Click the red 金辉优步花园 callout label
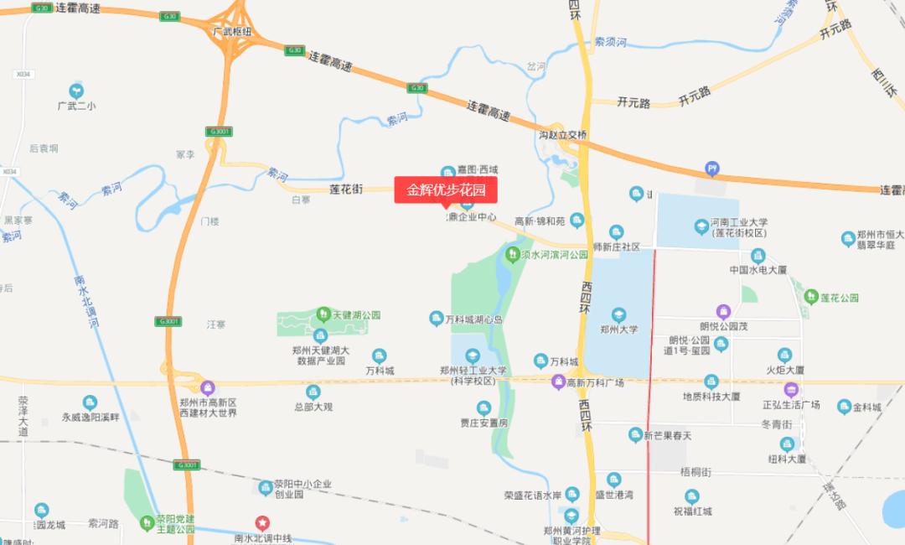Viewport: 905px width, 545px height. (x=446, y=189)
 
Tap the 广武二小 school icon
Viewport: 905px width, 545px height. (x=76, y=90)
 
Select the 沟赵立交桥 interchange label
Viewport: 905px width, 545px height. (x=563, y=135)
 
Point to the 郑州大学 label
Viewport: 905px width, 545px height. (x=619, y=330)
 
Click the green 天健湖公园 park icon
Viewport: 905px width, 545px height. (x=323, y=314)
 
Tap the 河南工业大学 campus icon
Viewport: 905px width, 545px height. (x=701, y=225)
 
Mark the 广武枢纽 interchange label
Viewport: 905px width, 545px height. (x=233, y=32)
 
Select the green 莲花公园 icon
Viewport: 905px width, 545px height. (x=811, y=297)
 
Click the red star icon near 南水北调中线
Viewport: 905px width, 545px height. (x=262, y=522)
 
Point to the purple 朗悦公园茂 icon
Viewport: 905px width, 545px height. (x=722, y=312)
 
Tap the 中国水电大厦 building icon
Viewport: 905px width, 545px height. (x=758, y=255)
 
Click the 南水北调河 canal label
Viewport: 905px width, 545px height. (x=85, y=301)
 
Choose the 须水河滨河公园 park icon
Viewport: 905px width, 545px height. (x=511, y=253)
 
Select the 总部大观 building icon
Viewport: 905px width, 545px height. (x=313, y=392)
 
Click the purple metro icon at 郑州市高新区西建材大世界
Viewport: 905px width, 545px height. (x=208, y=387)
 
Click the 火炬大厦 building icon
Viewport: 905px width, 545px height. (x=784, y=355)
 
